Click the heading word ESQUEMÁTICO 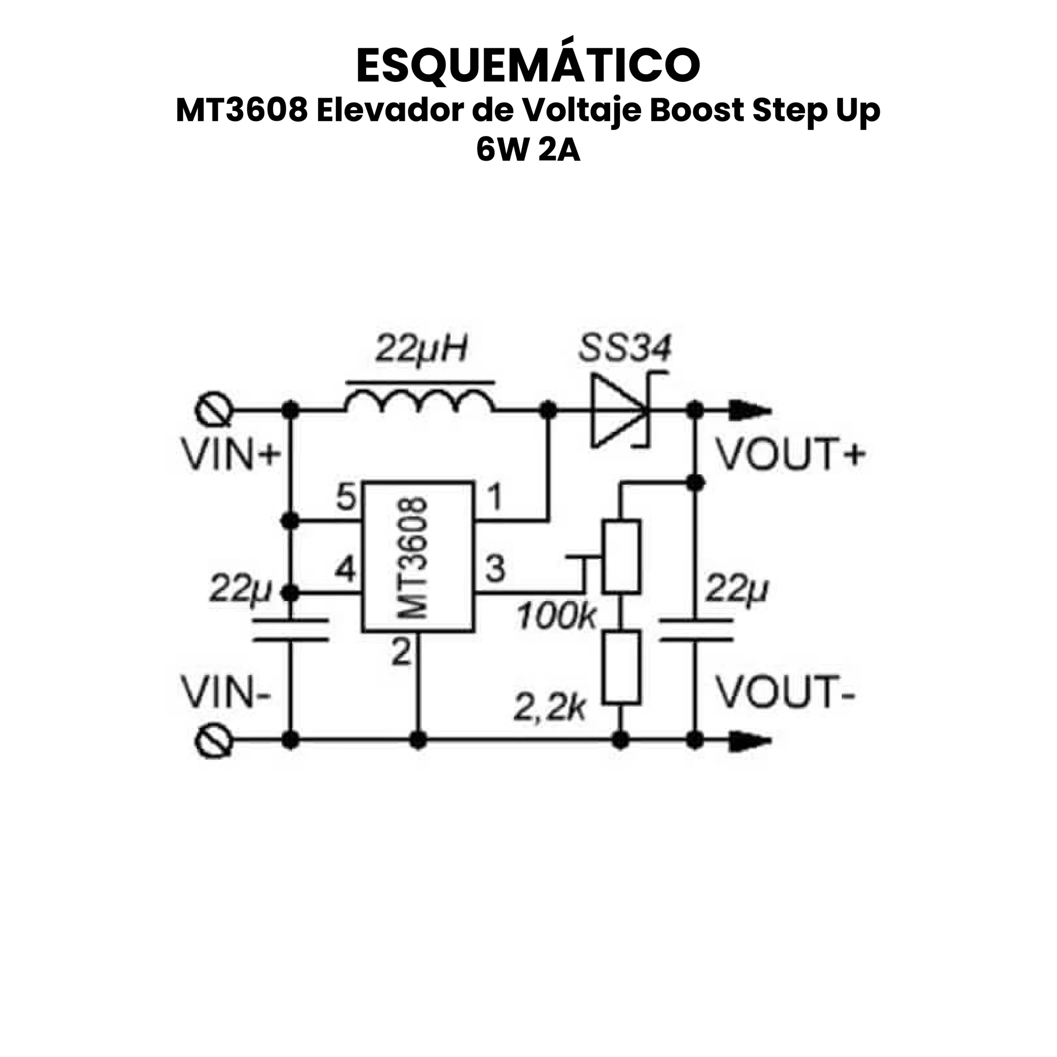[x=528, y=65]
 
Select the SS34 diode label [x=624, y=348]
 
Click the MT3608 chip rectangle [x=417, y=557]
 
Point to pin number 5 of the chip [x=346, y=498]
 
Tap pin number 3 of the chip [x=495, y=569]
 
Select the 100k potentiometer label [x=557, y=616]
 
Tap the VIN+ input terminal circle [x=214, y=410]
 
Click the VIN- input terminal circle [x=214, y=741]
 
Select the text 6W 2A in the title [x=528, y=150]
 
